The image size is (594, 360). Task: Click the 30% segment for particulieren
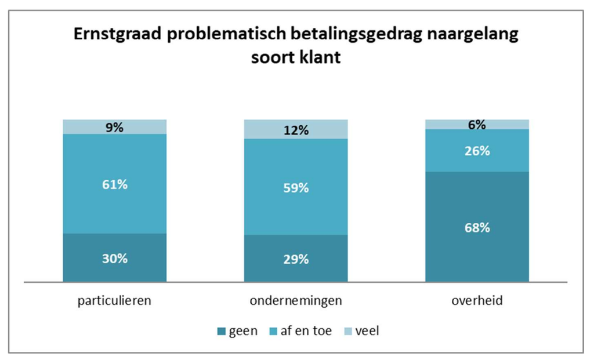[114, 258]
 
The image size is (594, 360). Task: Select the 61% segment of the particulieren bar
[114, 184]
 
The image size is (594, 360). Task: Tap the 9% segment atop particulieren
[114, 126]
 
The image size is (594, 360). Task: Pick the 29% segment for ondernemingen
[295, 259]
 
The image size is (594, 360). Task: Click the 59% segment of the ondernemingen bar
[295, 187]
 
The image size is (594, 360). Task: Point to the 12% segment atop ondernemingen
[295, 129]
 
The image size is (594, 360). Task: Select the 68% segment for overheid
[477, 227]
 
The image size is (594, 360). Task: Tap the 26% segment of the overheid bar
[477, 151]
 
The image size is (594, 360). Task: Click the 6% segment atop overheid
[477, 124]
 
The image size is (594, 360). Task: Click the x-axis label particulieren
[114, 301]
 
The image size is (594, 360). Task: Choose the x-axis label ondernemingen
[295, 301]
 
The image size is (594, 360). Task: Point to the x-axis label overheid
[477, 301]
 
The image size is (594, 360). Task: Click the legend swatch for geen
[220, 332]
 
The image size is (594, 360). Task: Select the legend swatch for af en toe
[275, 332]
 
